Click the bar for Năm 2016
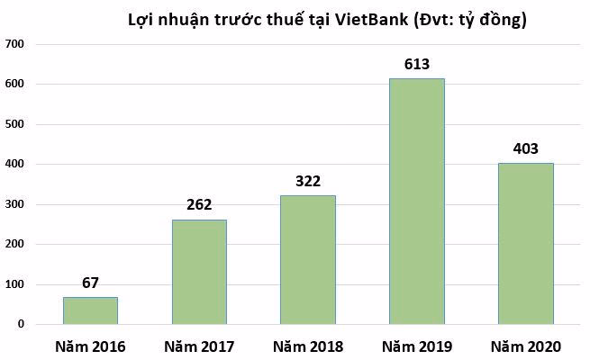pyautogui.click(x=90, y=310)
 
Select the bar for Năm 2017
pyautogui.click(x=199, y=272)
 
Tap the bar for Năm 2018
pyautogui.click(x=308, y=260)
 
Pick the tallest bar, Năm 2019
pyautogui.click(x=416, y=202)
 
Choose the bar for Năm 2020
pyautogui.click(x=525, y=244)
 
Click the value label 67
pyautogui.click(x=90, y=283)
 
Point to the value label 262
pyautogui.click(x=198, y=205)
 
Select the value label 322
pyautogui.click(x=307, y=181)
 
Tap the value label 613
pyautogui.click(x=416, y=64)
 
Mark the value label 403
pyautogui.click(x=525, y=148)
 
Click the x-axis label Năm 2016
pyautogui.click(x=90, y=346)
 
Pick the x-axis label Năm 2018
pyautogui.click(x=307, y=346)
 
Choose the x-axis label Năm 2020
pyautogui.click(x=525, y=346)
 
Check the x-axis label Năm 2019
pyautogui.click(x=416, y=346)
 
